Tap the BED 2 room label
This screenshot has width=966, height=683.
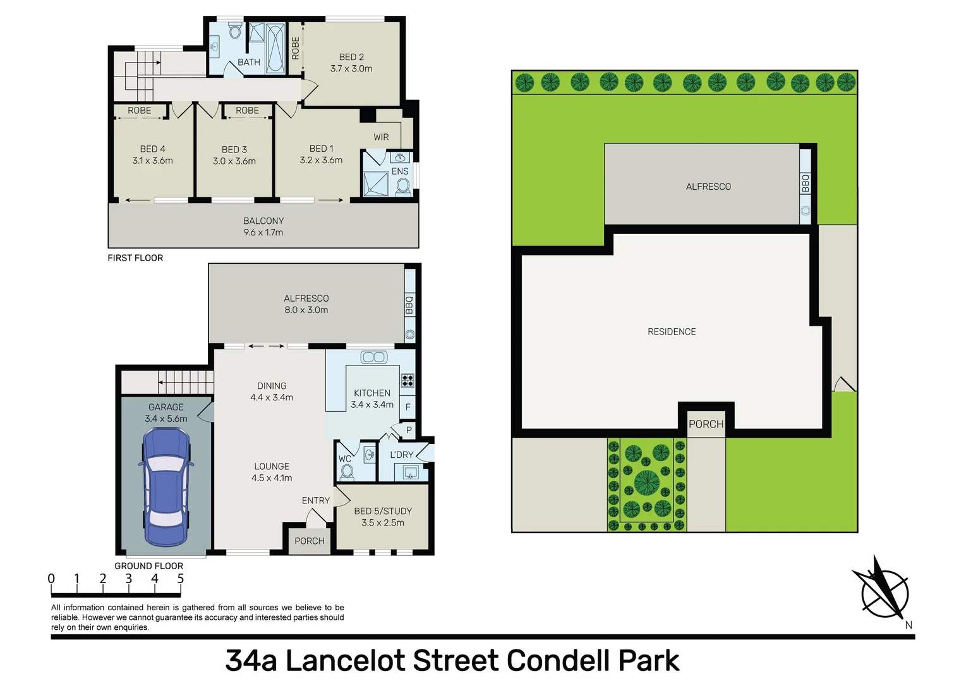[x=351, y=63]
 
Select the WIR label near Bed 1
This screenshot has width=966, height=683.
[x=381, y=137]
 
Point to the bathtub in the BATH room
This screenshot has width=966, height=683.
[x=276, y=47]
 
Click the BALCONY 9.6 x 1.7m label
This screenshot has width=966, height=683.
[x=263, y=226]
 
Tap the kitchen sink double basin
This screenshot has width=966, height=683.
[x=373, y=357]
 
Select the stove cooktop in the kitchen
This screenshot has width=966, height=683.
[x=408, y=381]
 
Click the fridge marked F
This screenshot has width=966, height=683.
[x=408, y=407]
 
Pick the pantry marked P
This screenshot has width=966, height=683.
[x=409, y=430]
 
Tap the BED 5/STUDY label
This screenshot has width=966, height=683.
[x=383, y=517]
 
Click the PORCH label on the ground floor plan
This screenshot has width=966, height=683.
[x=310, y=541]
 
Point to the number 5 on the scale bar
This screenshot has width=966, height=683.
[x=181, y=579]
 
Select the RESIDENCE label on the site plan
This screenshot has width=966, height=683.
[x=672, y=331]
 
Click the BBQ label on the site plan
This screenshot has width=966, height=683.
[x=806, y=183]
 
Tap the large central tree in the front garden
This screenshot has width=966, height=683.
[x=646, y=483]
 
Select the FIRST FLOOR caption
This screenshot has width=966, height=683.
[x=135, y=258]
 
